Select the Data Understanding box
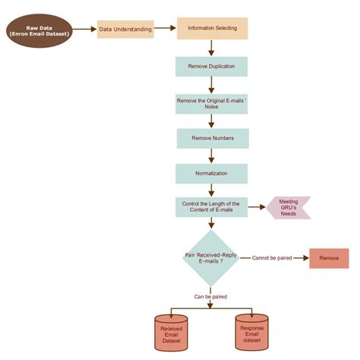[x=125, y=30]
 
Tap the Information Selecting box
[x=212, y=29]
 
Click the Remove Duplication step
[x=212, y=67]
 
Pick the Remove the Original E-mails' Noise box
[x=212, y=103]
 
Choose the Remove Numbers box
[x=212, y=138]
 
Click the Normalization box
[x=212, y=173]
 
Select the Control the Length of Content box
[x=212, y=207]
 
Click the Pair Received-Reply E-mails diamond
[x=212, y=258]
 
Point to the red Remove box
[x=329, y=258]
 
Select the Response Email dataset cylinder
[x=251, y=333]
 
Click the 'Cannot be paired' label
[x=271, y=258]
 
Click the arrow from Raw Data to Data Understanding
[x=87, y=30]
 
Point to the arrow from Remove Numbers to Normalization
[x=212, y=156]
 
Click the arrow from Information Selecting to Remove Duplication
[x=212, y=48]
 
